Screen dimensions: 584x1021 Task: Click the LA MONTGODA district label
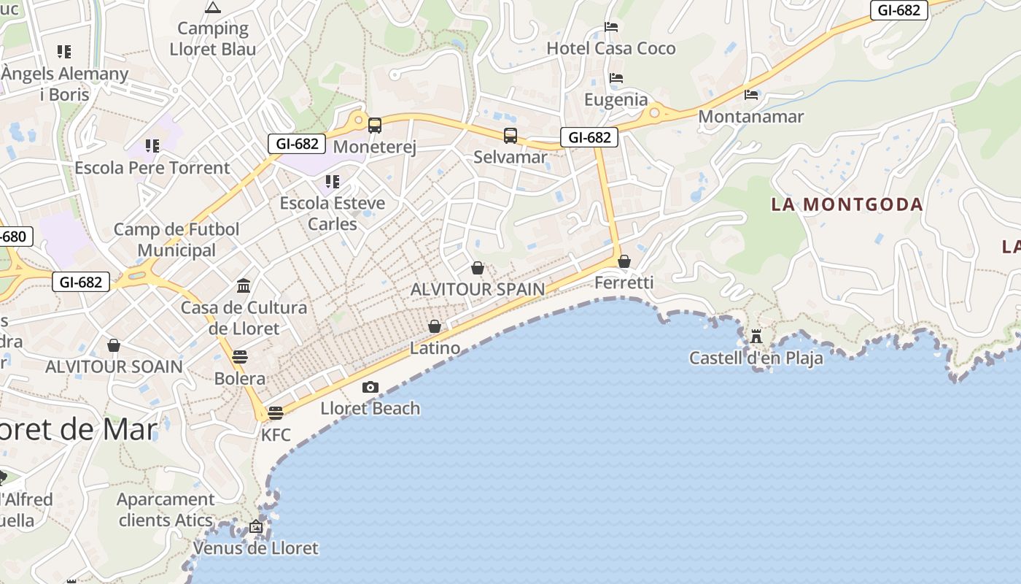(x=847, y=204)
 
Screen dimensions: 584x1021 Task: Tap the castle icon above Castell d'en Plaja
(x=756, y=337)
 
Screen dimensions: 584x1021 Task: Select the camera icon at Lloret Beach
(x=370, y=387)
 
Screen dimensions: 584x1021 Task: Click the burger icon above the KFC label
(x=275, y=413)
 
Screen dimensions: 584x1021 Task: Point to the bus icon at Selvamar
(x=510, y=135)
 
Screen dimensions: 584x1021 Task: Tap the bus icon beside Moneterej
(x=374, y=126)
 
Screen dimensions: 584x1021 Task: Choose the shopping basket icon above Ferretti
(x=624, y=261)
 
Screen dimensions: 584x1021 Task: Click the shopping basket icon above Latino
(x=435, y=326)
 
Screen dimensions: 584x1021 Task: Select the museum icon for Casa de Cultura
(x=244, y=285)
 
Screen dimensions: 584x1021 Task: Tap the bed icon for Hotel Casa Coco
(x=611, y=27)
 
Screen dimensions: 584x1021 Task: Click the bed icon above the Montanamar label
(x=751, y=95)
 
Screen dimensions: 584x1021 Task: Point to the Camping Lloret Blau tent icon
(x=213, y=8)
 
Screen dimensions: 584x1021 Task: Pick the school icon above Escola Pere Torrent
(x=152, y=146)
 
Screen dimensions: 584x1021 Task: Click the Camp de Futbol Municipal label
(x=176, y=239)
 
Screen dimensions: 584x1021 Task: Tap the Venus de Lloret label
(x=256, y=548)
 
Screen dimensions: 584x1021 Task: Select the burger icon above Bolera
(x=239, y=357)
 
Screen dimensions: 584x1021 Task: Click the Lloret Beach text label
(x=370, y=408)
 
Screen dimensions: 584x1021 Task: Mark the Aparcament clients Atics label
(x=166, y=510)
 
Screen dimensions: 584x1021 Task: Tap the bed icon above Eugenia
(x=616, y=78)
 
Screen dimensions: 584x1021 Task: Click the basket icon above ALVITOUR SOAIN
(x=114, y=345)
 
